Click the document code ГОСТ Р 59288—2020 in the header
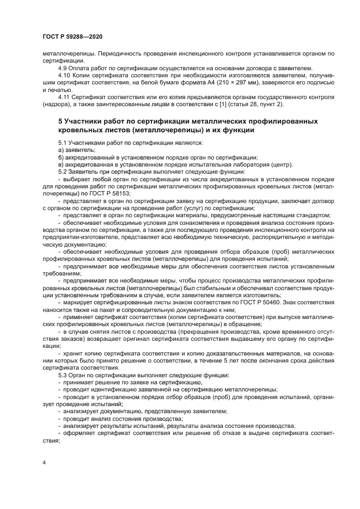(72, 36)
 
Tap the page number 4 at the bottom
(44, 462)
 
